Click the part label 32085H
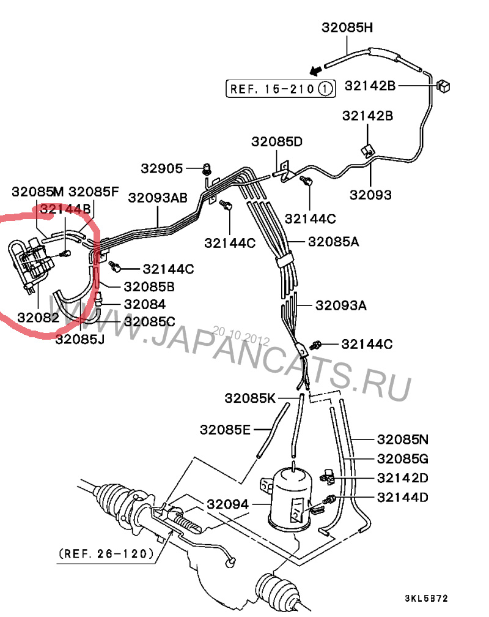click(x=346, y=28)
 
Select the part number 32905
click(x=161, y=168)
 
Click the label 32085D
click(x=276, y=142)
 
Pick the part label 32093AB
click(x=158, y=198)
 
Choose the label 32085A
click(x=333, y=241)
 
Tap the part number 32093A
click(x=340, y=305)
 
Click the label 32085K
click(x=250, y=398)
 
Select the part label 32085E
click(x=225, y=430)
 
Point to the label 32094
click(x=227, y=504)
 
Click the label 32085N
click(x=402, y=439)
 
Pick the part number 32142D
click(x=402, y=477)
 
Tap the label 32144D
click(x=402, y=496)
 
